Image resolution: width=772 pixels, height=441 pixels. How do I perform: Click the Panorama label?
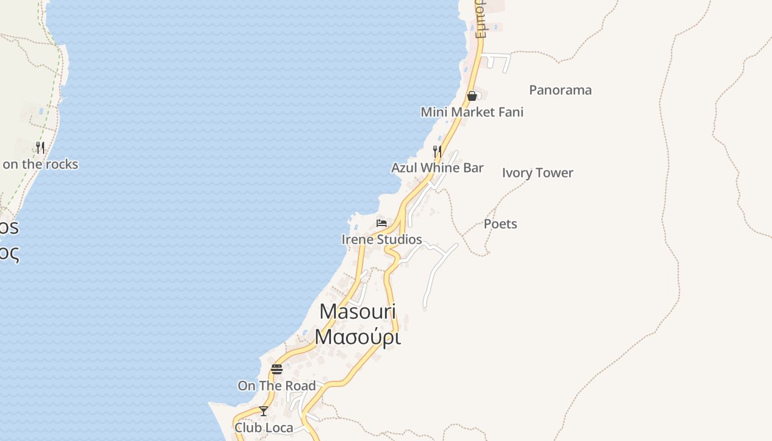[560, 90]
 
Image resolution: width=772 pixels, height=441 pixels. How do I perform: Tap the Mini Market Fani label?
[472, 112]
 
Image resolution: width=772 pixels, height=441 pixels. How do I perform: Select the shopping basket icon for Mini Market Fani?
[472, 96]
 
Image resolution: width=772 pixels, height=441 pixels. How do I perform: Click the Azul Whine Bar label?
[437, 168]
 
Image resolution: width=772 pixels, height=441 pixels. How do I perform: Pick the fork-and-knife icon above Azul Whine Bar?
[437, 151]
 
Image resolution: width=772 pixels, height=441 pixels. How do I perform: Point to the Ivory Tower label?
[538, 173]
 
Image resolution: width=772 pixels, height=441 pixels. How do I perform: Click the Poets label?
[500, 224]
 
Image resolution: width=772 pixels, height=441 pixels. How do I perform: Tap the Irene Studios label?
[382, 239]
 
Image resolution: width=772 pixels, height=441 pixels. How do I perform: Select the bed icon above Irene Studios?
[382, 223]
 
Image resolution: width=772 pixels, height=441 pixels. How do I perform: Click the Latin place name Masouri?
[357, 311]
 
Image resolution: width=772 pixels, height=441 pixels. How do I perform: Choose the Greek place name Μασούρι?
[357, 336]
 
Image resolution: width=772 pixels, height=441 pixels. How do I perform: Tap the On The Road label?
[277, 385]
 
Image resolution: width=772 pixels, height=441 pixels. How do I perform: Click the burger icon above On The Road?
[277, 369]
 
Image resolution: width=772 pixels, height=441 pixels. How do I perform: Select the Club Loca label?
[264, 427]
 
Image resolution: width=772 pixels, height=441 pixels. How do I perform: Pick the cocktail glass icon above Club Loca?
[264, 411]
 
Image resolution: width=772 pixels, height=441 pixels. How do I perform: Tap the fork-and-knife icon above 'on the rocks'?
[40, 147]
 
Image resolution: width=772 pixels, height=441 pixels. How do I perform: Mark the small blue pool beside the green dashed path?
[41, 111]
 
